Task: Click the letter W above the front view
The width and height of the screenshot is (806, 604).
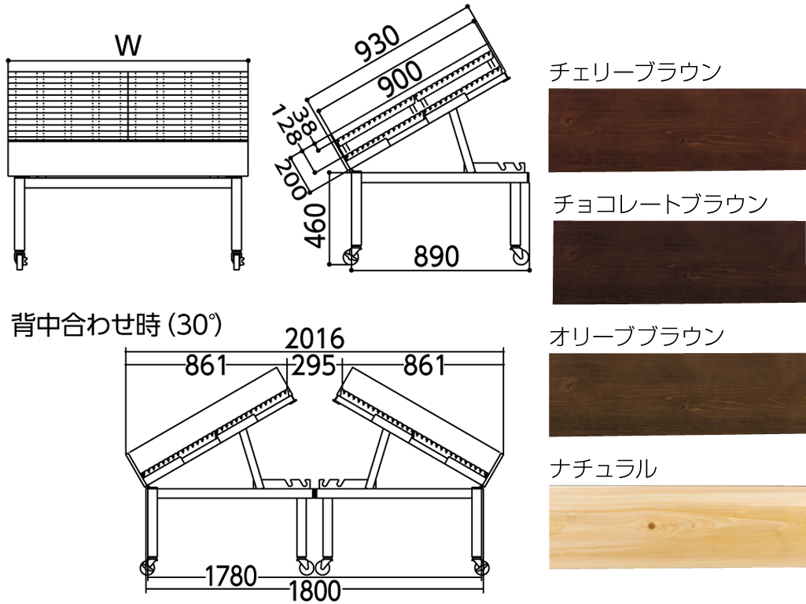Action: click(128, 46)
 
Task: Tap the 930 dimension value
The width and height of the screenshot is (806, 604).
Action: click(377, 44)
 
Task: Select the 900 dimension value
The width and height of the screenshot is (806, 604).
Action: click(400, 79)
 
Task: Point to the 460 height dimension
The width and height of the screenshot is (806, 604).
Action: click(315, 226)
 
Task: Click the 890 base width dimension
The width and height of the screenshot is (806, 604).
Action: click(436, 256)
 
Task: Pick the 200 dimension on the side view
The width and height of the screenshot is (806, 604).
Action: click(292, 180)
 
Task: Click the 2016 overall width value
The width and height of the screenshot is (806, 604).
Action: click(315, 339)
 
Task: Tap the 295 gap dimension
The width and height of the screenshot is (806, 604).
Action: click(314, 366)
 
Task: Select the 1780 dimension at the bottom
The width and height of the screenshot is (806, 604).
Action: click(231, 576)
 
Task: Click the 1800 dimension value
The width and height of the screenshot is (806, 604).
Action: click(315, 591)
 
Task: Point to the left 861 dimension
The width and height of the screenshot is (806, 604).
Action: click(205, 366)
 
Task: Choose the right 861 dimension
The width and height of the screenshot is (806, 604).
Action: click(424, 366)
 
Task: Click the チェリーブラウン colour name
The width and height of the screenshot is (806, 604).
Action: click(635, 72)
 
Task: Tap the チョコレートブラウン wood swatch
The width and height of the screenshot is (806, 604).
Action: click(679, 263)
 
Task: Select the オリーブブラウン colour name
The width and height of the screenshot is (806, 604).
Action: click(636, 336)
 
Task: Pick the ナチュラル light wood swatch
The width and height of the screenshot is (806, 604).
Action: click(678, 527)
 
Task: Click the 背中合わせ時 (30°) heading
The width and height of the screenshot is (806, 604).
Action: click(116, 325)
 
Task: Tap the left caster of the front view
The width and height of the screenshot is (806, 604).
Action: click(20, 260)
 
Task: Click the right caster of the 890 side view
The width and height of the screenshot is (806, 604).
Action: click(520, 256)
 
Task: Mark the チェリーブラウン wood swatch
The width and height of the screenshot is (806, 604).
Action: click(677, 130)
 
